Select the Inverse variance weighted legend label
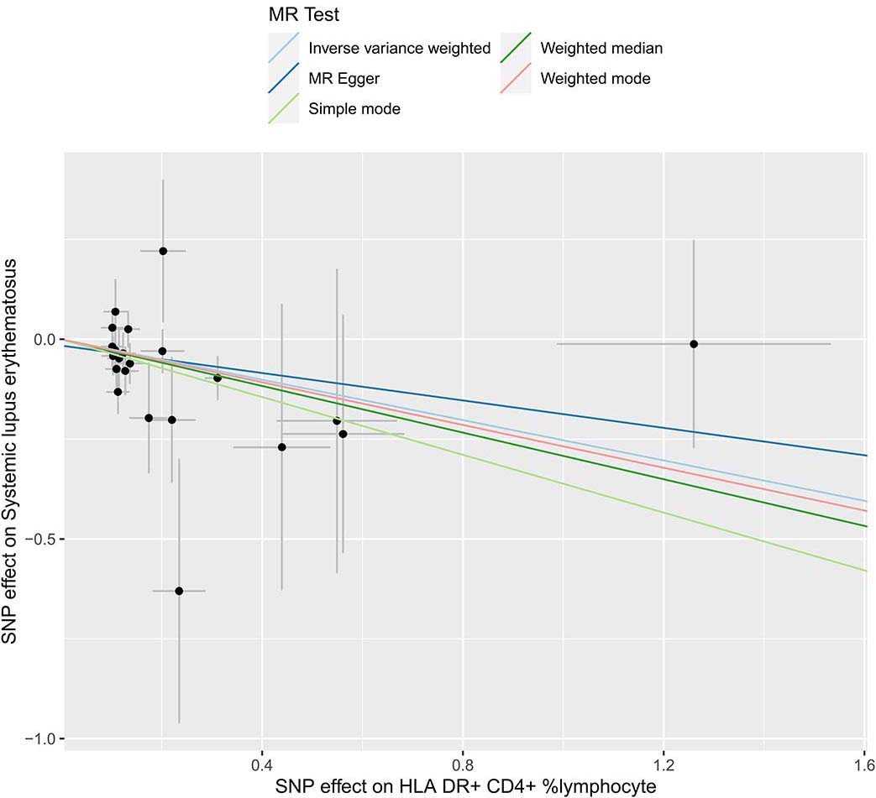point(399,49)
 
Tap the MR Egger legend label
point(344,79)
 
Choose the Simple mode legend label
point(354,109)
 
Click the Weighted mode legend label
point(595,79)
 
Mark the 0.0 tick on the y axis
point(43,339)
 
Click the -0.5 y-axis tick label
point(39,539)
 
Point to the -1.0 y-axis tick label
point(39,738)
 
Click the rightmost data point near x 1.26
point(694,344)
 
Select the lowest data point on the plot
point(179,591)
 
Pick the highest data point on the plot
point(163,251)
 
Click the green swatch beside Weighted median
point(515,49)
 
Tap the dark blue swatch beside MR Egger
point(283,79)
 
